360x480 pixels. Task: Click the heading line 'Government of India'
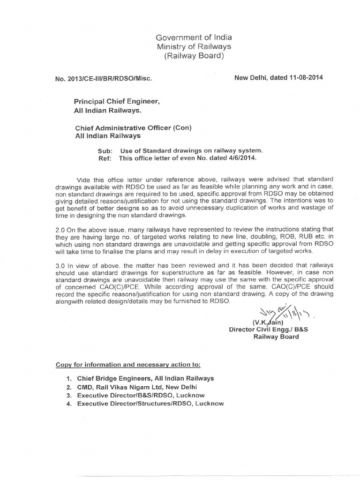coord(194,37)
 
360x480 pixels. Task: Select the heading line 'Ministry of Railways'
coord(194,47)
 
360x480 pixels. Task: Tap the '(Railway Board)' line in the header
coord(194,57)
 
